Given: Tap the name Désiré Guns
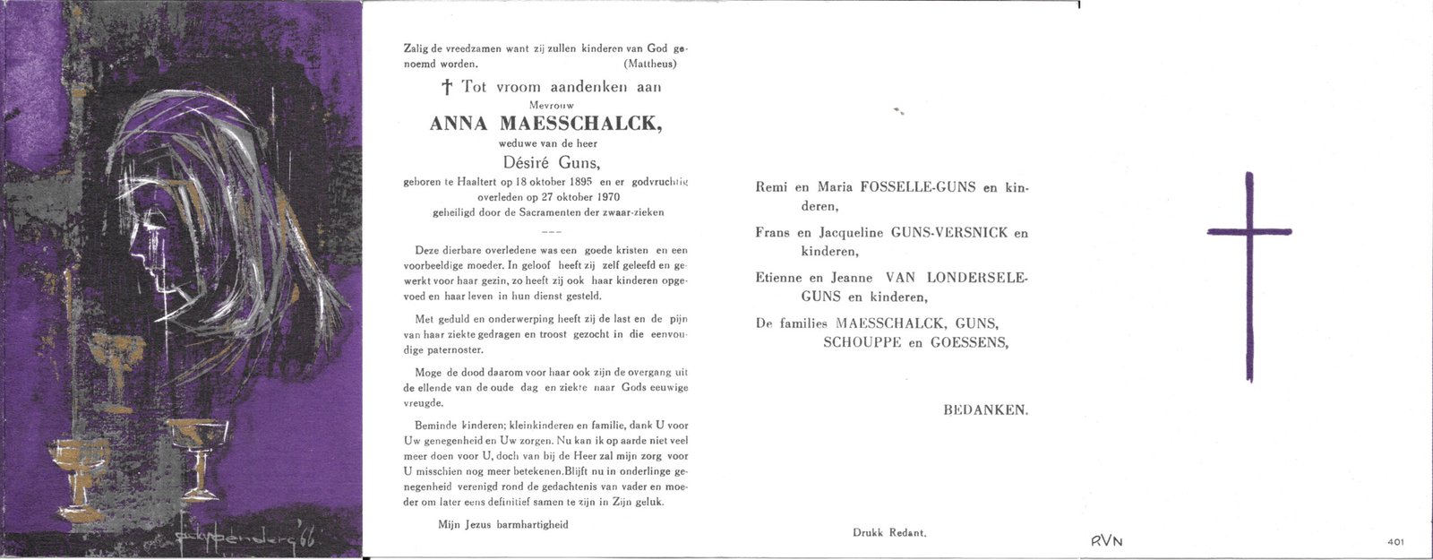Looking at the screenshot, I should pos(545,162).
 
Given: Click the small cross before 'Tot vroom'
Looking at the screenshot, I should pos(447,88).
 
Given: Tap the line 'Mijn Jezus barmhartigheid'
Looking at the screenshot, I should pos(502,524).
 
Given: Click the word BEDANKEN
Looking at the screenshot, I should pos(985,409).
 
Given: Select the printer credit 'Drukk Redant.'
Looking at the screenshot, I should pos(888,532).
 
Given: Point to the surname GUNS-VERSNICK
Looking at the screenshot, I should pos(949,233).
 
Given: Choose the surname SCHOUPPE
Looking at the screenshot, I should pos(862,342).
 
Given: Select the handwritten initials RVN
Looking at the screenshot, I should pos(1106,540).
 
